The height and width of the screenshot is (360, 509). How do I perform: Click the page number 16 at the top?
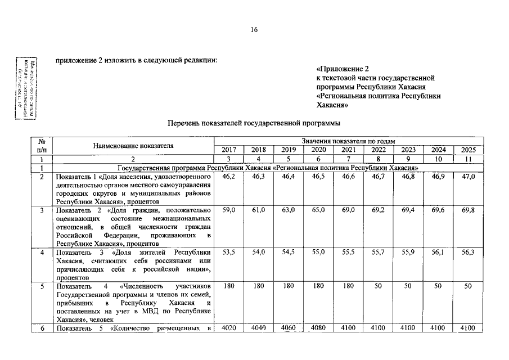coord(254,30)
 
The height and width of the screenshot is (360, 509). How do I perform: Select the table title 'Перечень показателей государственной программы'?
coord(254,123)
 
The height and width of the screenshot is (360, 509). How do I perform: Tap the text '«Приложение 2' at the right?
coord(340,69)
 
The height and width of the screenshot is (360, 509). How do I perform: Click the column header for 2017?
coord(229,150)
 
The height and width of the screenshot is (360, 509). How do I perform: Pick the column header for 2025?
coord(468,150)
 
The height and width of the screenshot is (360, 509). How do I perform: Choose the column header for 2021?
coord(349,150)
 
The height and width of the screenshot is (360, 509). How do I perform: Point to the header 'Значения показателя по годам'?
coord(348,141)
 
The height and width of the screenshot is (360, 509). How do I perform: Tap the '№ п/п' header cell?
coord(41,146)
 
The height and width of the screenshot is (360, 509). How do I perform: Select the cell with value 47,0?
coord(468,177)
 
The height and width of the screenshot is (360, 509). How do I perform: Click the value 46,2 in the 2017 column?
coord(229,177)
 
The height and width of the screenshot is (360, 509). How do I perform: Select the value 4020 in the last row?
coord(229,327)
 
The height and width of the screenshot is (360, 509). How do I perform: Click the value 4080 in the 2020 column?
coord(318,327)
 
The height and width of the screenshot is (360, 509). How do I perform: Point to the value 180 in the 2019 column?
coord(289,286)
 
